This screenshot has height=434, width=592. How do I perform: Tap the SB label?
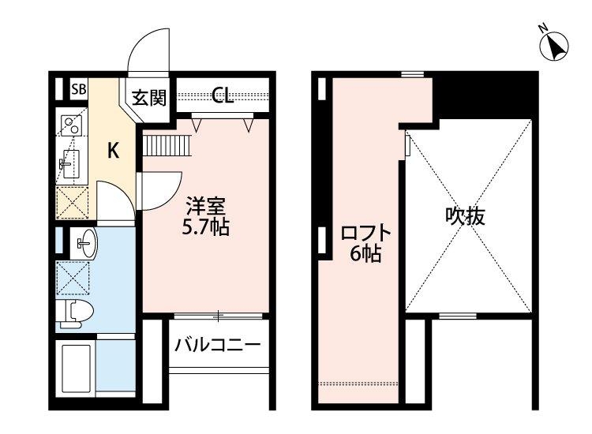tap(79, 89)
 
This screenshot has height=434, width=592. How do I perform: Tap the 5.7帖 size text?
tap(206, 229)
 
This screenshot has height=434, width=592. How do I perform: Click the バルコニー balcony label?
tap(217, 346)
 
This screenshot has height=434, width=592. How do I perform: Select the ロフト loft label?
tap(365, 234)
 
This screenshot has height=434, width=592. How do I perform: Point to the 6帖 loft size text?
tap(366, 254)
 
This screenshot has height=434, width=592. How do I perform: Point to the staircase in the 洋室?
tap(167, 145)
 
